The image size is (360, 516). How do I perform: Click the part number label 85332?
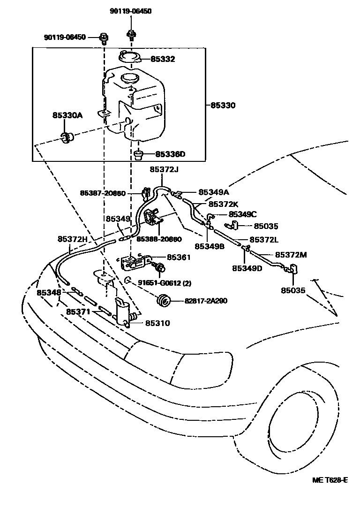pos(163,59)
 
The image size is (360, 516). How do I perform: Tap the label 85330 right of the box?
pos(223,106)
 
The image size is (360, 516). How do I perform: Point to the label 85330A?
pos(67,115)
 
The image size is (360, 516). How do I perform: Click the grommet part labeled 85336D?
pos(139,153)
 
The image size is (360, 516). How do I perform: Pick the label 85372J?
pos(164,169)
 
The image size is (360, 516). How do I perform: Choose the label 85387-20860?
pos(103,193)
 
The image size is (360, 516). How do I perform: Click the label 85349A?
pos(214,192)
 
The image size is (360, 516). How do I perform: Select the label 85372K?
pos(224,204)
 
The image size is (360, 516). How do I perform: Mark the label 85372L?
pos(264,240)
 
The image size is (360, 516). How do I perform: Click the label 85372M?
pos(291,255)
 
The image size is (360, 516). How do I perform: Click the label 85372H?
pos(73,239)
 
